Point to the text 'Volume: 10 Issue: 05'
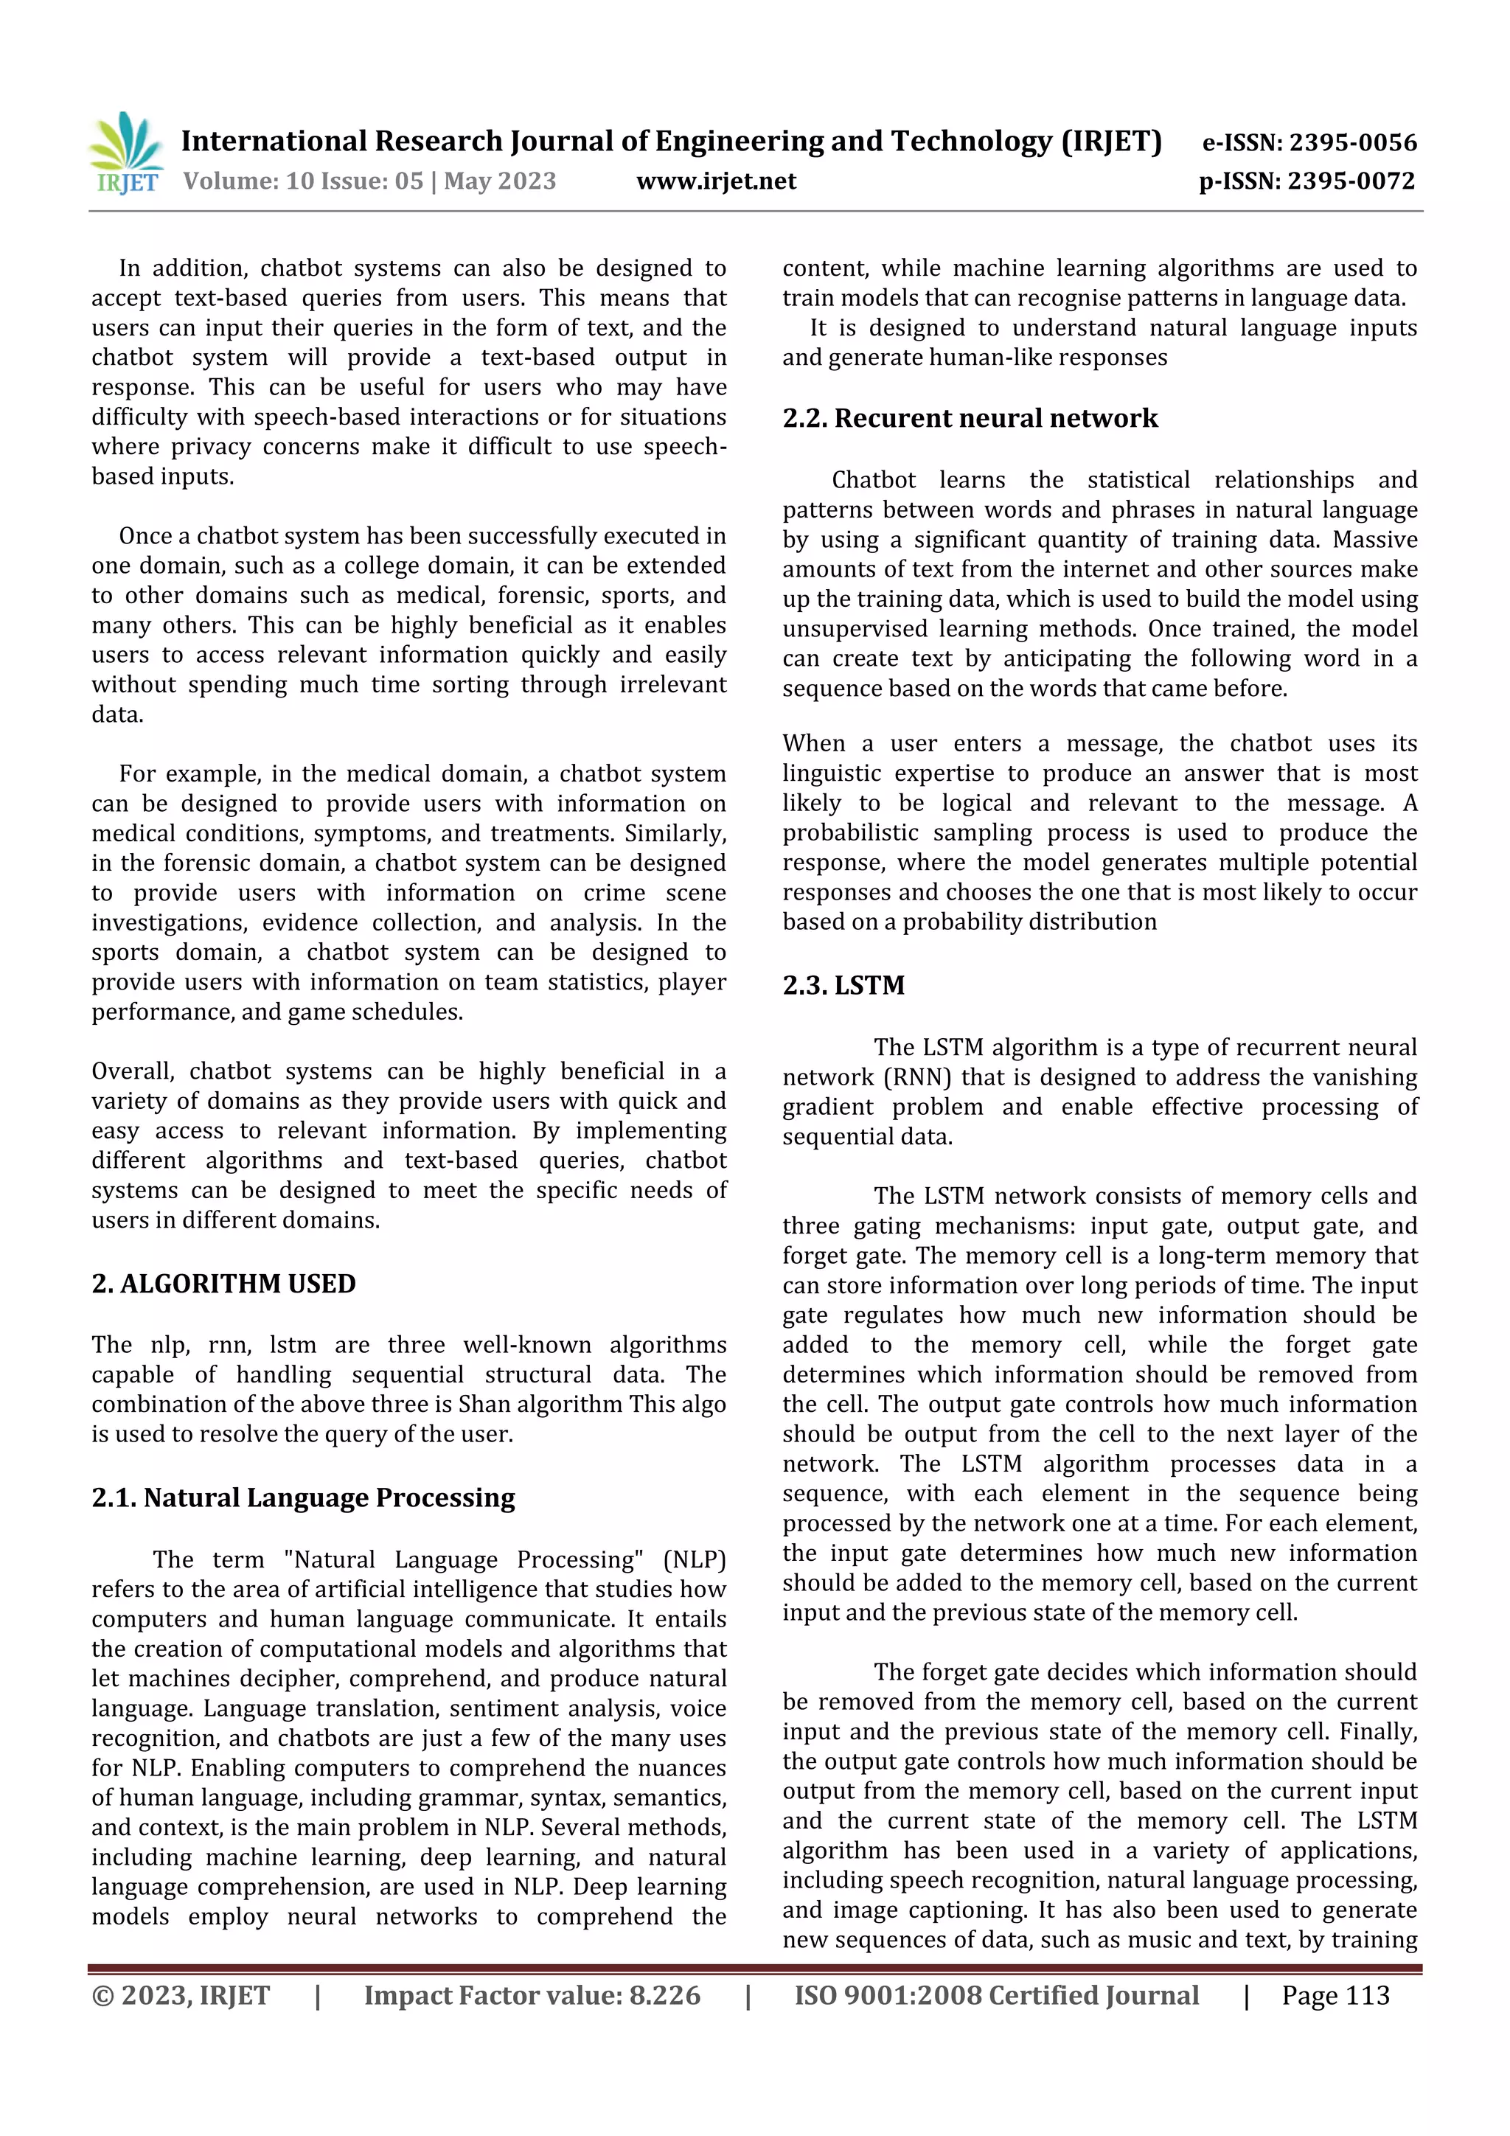[303, 181]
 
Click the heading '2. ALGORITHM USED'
[223, 1283]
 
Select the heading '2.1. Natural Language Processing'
[303, 1497]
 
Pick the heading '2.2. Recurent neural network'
[970, 418]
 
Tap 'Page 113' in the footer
[1335, 1995]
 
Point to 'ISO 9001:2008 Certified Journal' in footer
[996, 1995]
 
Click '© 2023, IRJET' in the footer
[181, 1995]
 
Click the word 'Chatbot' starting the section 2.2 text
[873, 480]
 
